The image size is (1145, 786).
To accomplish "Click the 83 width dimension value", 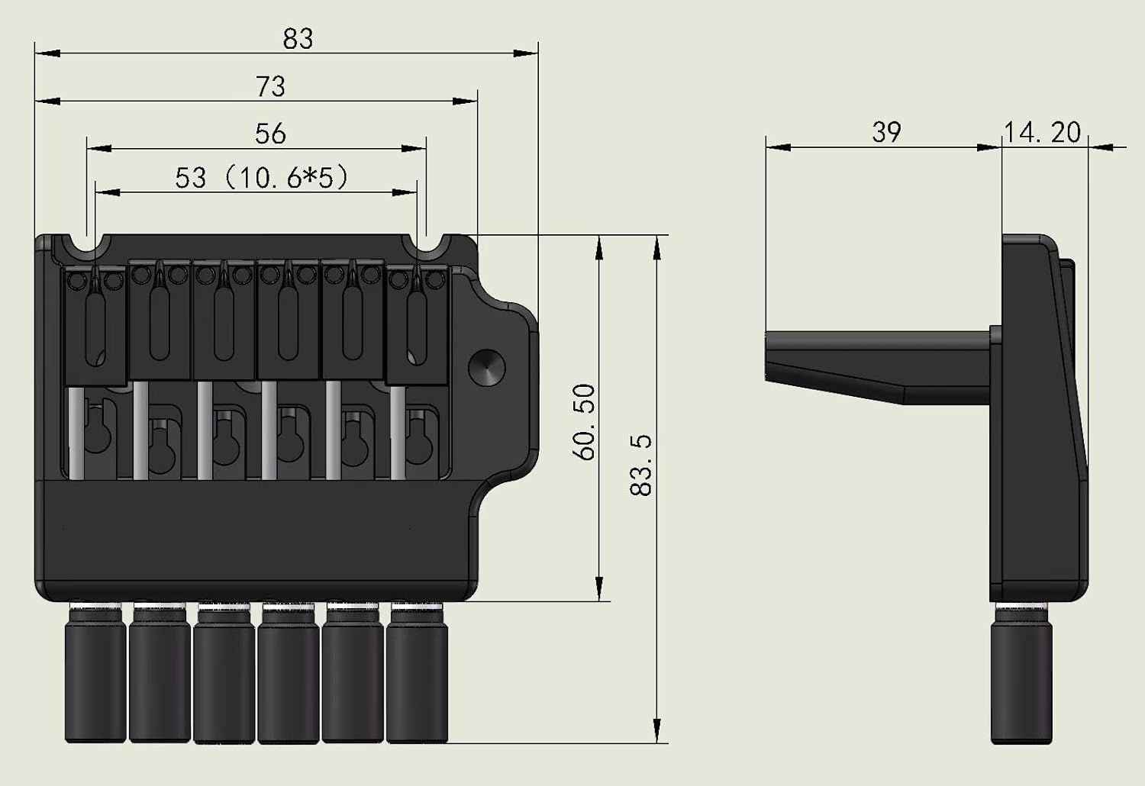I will [298, 38].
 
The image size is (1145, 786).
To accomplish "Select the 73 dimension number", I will [270, 86].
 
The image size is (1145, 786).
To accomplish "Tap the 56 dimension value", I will [270, 134].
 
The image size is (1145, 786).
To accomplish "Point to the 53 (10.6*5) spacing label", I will [262, 178].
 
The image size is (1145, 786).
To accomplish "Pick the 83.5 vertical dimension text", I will [641, 465].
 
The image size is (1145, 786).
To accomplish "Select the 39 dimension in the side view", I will [886, 132].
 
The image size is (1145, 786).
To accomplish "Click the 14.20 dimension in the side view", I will [1042, 132].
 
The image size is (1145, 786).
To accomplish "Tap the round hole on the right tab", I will [488, 368].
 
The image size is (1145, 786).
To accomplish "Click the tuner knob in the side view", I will [1021, 675].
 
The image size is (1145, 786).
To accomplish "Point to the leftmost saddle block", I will [95, 324].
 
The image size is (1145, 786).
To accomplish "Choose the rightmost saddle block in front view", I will [417, 324].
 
